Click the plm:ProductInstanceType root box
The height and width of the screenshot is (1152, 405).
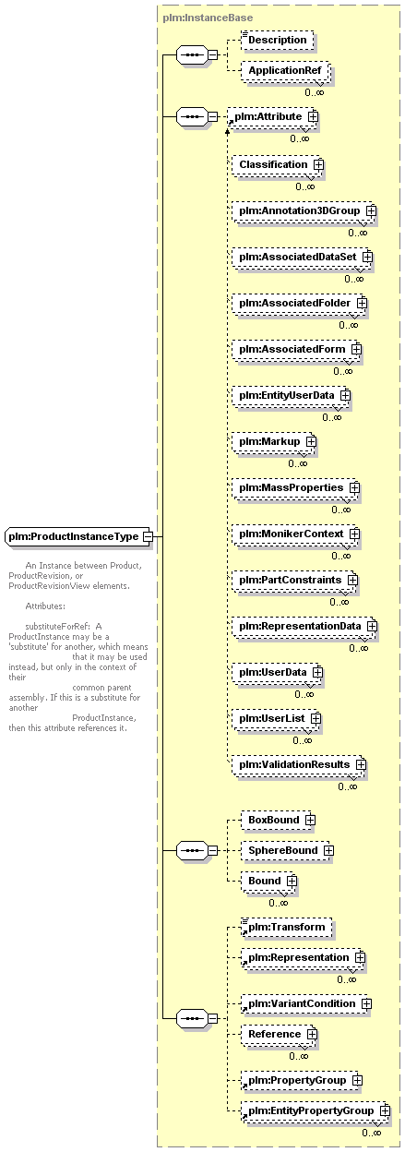77,536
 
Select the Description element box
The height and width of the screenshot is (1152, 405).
277,40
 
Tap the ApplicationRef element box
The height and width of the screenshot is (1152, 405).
285,70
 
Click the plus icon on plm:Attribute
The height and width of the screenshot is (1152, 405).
313,116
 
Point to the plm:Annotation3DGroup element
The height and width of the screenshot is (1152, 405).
304,210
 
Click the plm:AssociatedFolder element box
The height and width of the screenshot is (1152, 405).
299,304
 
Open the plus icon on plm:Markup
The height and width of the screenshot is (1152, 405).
311,442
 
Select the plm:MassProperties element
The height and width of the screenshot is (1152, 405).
295,488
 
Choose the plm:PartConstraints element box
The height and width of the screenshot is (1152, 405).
294,580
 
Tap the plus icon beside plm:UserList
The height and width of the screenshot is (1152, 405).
316,718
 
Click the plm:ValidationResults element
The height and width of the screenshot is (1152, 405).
299,764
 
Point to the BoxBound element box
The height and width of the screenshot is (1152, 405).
278,820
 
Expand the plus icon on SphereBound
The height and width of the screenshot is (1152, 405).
328,851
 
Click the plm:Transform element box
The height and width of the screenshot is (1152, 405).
286,928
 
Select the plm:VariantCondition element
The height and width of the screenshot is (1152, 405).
306,1004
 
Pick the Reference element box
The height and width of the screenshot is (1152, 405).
280,1034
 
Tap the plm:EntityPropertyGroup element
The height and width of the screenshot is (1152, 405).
316,1110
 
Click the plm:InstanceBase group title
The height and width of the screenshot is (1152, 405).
208,18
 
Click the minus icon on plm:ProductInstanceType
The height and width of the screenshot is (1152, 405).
148,536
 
